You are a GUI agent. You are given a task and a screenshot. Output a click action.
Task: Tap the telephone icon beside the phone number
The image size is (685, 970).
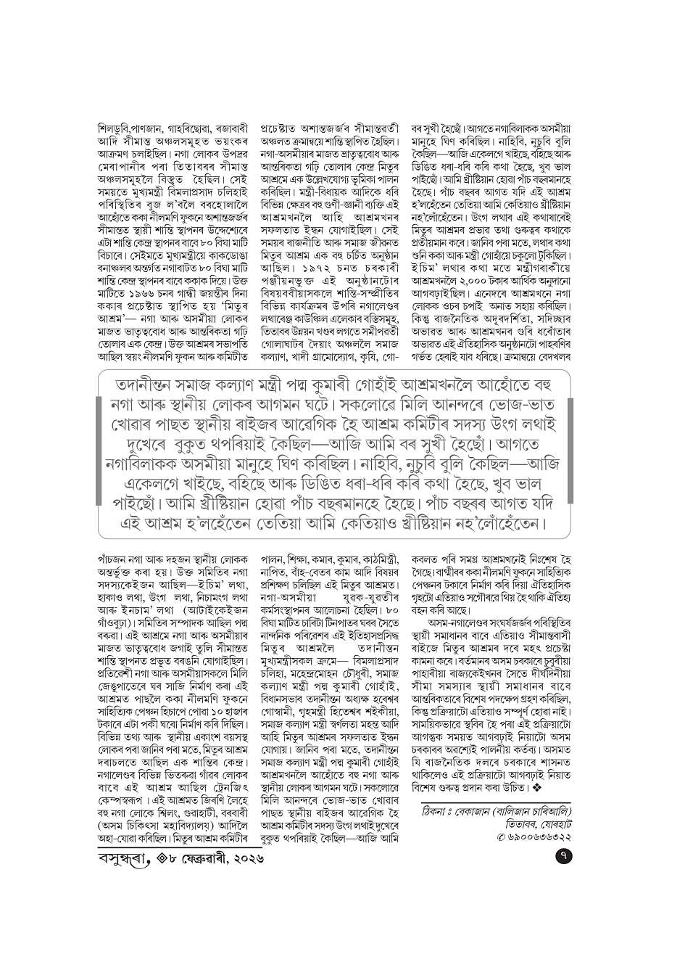tap(501, 836)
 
